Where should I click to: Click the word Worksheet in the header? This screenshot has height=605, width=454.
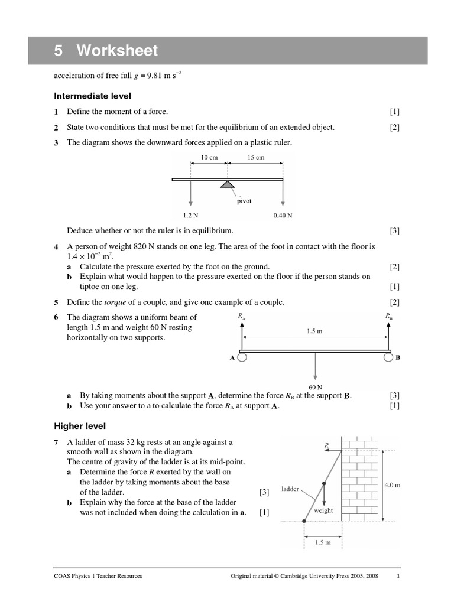click(x=116, y=51)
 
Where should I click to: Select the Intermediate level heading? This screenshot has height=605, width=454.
click(x=92, y=96)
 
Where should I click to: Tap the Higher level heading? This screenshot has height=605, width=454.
click(x=80, y=425)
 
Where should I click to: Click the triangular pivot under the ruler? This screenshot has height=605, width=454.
click(x=226, y=184)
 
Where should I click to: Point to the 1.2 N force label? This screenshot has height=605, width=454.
click(x=190, y=216)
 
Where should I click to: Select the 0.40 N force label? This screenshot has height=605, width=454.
click(x=283, y=216)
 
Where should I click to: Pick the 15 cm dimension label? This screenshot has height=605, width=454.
click(x=255, y=158)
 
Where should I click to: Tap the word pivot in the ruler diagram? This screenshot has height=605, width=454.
click(x=244, y=201)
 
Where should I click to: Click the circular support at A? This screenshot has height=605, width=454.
click(x=242, y=357)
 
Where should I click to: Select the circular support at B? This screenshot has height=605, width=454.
click(x=388, y=357)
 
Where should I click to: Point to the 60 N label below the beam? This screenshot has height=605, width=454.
click(x=315, y=388)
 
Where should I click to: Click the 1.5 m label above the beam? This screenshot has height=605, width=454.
click(x=314, y=331)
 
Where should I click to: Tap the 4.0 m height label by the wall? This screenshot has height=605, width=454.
click(x=393, y=484)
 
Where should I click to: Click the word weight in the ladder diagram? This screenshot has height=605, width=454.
click(x=325, y=510)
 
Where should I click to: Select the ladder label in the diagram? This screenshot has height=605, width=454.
click(x=290, y=489)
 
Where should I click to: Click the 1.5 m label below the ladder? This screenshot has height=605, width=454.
click(x=322, y=542)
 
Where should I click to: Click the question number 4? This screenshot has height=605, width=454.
click(x=56, y=246)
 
